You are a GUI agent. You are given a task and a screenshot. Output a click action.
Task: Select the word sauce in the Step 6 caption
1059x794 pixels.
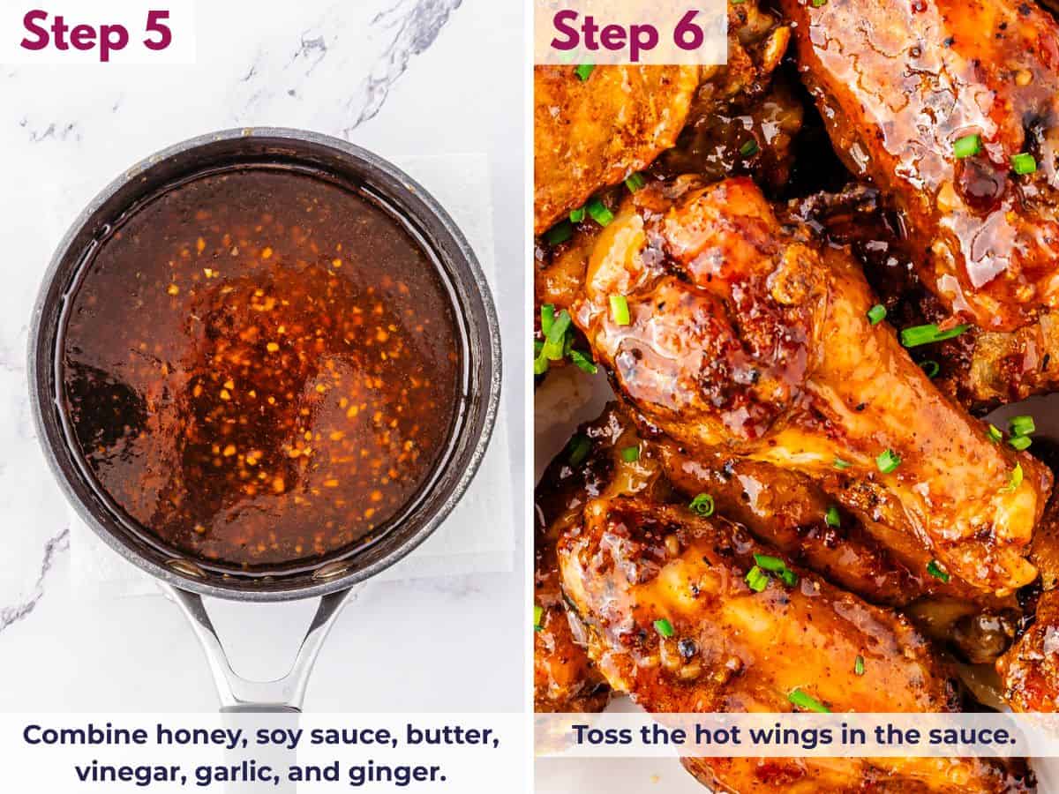pos(976,735)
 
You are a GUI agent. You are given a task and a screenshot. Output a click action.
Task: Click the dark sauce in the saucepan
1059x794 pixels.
pos(265,371)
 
